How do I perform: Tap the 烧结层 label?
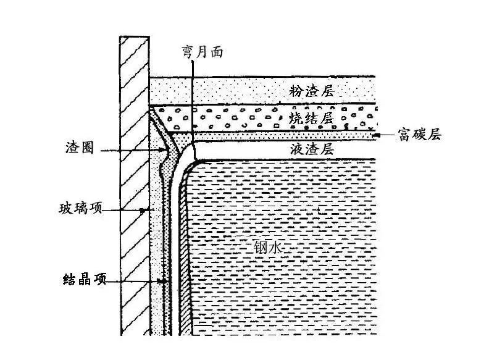click(311, 115)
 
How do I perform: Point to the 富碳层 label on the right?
click(419, 134)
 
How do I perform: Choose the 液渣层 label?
click(311, 149)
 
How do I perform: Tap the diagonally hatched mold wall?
click(135, 185)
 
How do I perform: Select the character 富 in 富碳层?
click(404, 134)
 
